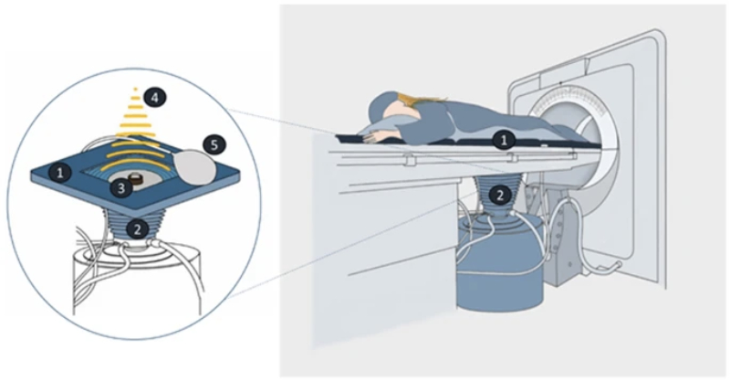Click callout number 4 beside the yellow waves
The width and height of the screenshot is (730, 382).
tap(153, 99)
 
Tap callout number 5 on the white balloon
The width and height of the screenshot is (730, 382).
tap(214, 145)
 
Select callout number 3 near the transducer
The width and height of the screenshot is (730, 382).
tap(121, 188)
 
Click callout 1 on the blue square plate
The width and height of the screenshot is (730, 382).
tap(59, 174)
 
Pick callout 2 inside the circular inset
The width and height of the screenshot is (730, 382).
tap(137, 229)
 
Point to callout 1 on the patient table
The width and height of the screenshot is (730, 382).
tap(504, 140)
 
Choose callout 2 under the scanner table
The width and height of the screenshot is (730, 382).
tap(499, 196)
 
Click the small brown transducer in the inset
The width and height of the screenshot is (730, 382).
tap(135, 178)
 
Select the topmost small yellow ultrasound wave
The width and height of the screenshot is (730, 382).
tap(135, 88)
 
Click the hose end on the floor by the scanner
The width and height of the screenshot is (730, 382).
tap(614, 266)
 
